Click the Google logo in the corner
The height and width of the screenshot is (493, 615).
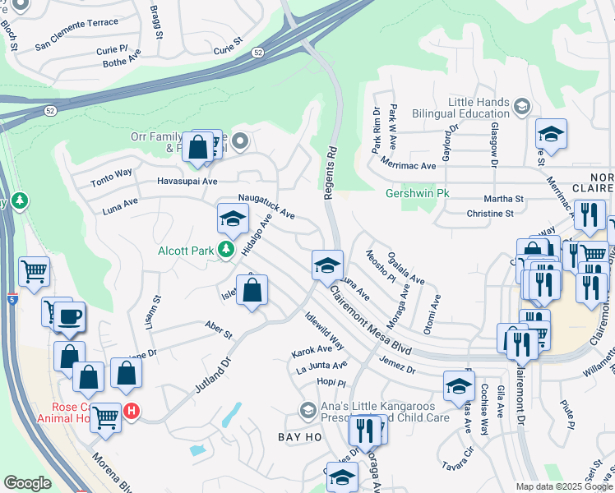click(27, 483)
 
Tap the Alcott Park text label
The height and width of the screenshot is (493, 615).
click(186, 251)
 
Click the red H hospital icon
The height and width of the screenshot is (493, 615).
click(130, 410)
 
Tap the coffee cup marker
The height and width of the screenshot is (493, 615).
click(69, 317)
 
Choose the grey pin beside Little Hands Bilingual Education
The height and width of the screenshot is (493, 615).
click(521, 106)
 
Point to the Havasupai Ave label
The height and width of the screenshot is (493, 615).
click(187, 181)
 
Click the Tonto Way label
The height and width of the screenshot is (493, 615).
click(111, 174)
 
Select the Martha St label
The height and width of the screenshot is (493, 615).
click(504, 199)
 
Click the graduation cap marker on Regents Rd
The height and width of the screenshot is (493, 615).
click(327, 265)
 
